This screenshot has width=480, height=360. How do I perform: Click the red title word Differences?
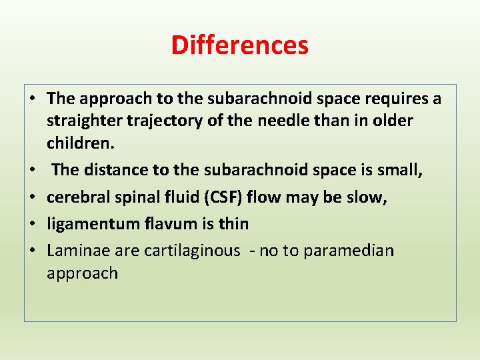coord(239,45)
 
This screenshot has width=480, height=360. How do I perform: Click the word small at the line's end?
coord(401,170)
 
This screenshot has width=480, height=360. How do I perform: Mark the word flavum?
coord(171,224)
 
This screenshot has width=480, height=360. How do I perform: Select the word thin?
coord(233,224)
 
